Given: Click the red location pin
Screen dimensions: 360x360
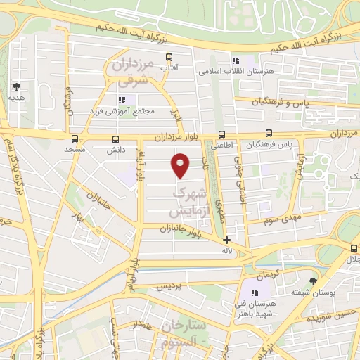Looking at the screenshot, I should (181, 165).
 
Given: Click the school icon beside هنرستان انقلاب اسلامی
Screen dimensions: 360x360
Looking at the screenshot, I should (235, 60).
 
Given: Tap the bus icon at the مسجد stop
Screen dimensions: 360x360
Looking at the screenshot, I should (75, 138).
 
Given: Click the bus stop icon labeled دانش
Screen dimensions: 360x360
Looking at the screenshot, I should (115, 139).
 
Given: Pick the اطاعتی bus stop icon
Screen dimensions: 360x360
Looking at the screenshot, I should (222, 134).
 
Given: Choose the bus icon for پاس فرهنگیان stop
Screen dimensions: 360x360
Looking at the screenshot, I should (269, 134).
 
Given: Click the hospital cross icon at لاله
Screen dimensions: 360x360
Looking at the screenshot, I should (226, 240).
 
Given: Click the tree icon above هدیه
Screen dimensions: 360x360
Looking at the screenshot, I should (16, 87).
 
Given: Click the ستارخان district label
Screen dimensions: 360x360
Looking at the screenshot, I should (184, 326).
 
